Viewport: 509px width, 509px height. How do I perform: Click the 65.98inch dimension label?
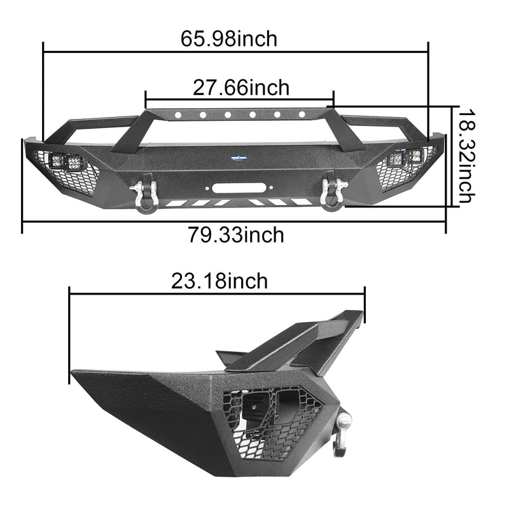pos(229,38)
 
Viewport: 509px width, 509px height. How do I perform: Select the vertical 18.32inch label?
pos(466,155)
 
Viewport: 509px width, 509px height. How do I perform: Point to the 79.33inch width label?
pos(235,235)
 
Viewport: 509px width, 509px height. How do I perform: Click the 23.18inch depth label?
pos(219,281)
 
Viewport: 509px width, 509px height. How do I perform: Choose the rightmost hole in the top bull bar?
pos(301,116)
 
